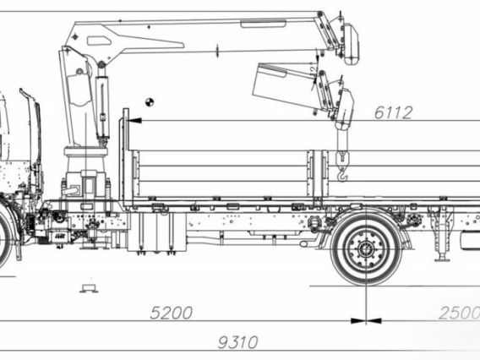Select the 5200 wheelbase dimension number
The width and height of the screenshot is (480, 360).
click(171, 313)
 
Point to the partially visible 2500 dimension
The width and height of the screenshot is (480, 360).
click(458, 313)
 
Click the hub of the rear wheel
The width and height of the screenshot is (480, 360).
click(366, 249)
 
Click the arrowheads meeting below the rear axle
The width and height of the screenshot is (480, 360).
click(366, 320)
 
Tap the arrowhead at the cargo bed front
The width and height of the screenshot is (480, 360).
click(134, 122)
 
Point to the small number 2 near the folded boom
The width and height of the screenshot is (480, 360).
click(313, 68)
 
